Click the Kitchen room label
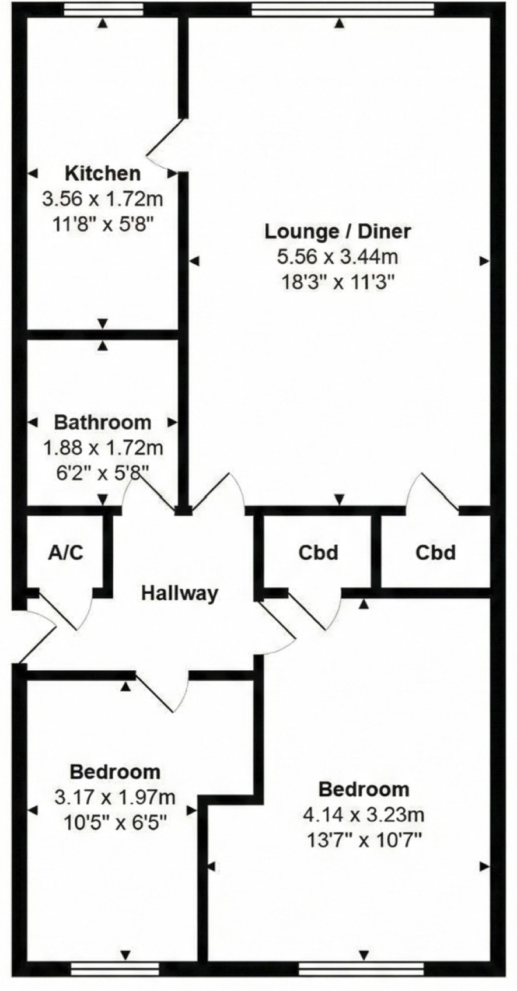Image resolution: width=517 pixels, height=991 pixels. point(103,173)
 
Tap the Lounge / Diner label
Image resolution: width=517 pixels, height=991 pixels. point(338,232)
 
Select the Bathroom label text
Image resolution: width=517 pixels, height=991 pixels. point(103,422)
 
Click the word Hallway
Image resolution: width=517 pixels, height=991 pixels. point(180,593)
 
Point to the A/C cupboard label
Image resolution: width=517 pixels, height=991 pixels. point(65,552)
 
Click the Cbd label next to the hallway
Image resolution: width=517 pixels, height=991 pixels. point(318,552)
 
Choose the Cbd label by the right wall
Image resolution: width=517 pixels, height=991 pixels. point(435,552)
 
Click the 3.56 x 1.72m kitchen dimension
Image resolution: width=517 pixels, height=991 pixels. point(103,199)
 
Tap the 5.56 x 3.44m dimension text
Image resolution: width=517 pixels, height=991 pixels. point(338,257)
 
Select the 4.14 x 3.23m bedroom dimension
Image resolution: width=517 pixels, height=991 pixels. point(364,814)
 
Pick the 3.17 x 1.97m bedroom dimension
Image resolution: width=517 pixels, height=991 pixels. point(114,798)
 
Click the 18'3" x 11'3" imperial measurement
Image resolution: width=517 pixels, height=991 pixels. point(338,282)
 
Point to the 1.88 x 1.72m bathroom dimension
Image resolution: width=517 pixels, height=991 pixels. point(103,448)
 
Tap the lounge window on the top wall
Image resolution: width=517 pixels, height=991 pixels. point(343,10)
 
